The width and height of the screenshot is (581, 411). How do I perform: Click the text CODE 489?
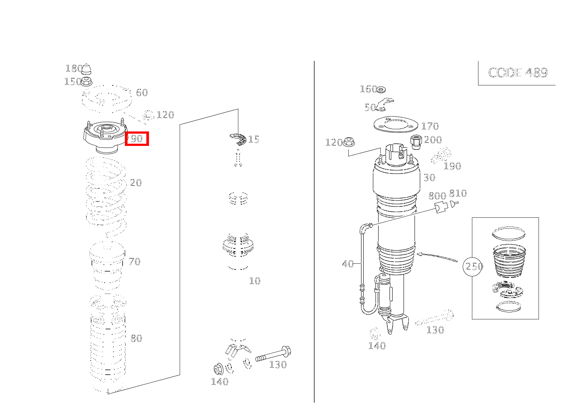tap(518, 73)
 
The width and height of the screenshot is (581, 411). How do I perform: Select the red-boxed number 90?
tap(137, 139)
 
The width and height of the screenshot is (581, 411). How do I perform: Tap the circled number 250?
tap(473, 266)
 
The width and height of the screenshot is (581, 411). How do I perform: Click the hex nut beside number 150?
tap(87, 81)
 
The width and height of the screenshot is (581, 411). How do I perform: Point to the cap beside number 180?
tap(87, 69)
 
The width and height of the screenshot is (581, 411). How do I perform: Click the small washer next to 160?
tap(381, 90)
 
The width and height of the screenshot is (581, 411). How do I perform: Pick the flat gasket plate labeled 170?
tap(396, 124)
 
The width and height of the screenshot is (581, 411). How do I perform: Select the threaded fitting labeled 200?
tap(416, 142)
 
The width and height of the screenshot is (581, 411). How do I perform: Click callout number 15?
tap(253, 139)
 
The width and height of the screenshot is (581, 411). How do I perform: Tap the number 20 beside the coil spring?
tap(136, 183)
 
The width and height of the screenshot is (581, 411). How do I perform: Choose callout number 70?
tap(135, 262)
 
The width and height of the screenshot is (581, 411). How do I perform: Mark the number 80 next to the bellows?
tap(136, 338)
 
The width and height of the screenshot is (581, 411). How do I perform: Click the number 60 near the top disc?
tap(142, 92)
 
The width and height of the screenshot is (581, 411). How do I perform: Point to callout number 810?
tap(458, 193)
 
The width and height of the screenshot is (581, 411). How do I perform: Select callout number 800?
tap(437, 195)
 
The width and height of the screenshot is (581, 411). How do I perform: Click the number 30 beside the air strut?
tap(429, 177)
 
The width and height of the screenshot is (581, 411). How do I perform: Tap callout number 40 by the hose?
tap(348, 264)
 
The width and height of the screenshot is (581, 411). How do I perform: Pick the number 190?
tap(452, 166)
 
